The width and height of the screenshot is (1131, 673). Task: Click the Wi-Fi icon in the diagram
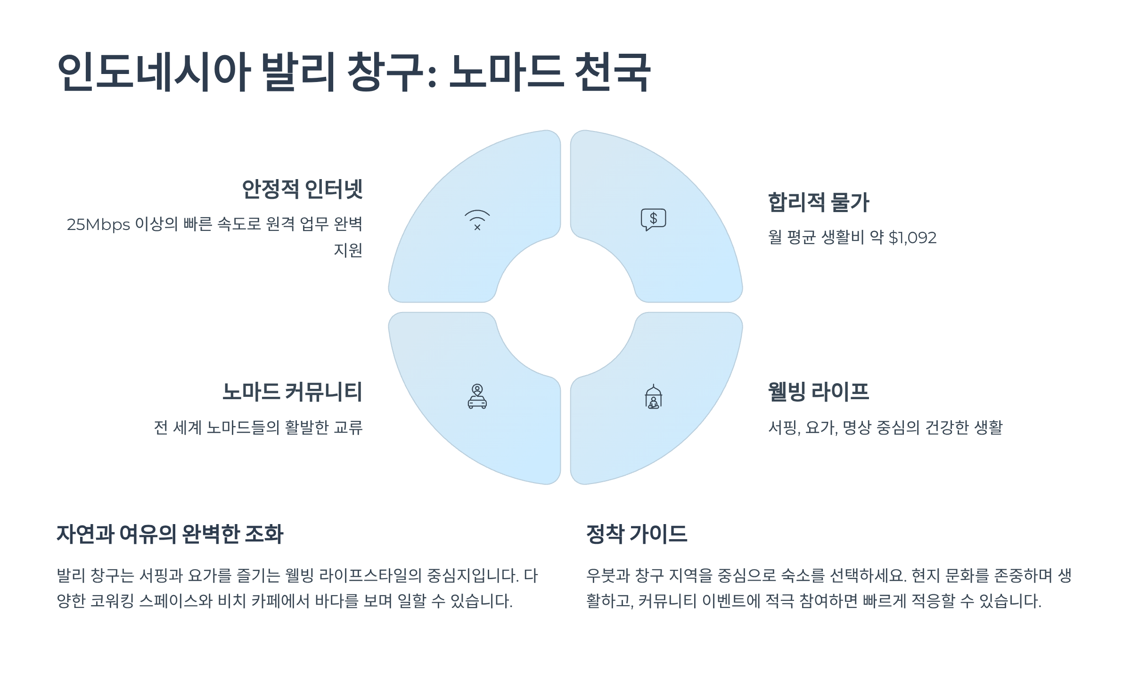(x=477, y=220)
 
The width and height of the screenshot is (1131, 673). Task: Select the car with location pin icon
(x=477, y=396)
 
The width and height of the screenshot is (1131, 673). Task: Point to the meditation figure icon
(x=653, y=397)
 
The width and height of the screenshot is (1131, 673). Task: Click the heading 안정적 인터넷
(x=302, y=189)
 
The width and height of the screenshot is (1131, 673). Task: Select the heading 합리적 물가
(x=819, y=203)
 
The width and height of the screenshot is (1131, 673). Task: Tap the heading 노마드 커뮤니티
(x=292, y=392)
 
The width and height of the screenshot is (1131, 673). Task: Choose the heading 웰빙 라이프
(x=819, y=392)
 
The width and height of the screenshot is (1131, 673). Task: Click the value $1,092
(x=912, y=238)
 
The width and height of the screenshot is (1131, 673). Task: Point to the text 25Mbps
(x=98, y=225)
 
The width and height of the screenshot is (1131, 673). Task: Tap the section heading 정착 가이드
(x=637, y=534)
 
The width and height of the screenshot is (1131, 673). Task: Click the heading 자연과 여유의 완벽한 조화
(x=170, y=534)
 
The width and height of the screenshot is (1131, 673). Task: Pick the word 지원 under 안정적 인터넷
(x=348, y=250)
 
